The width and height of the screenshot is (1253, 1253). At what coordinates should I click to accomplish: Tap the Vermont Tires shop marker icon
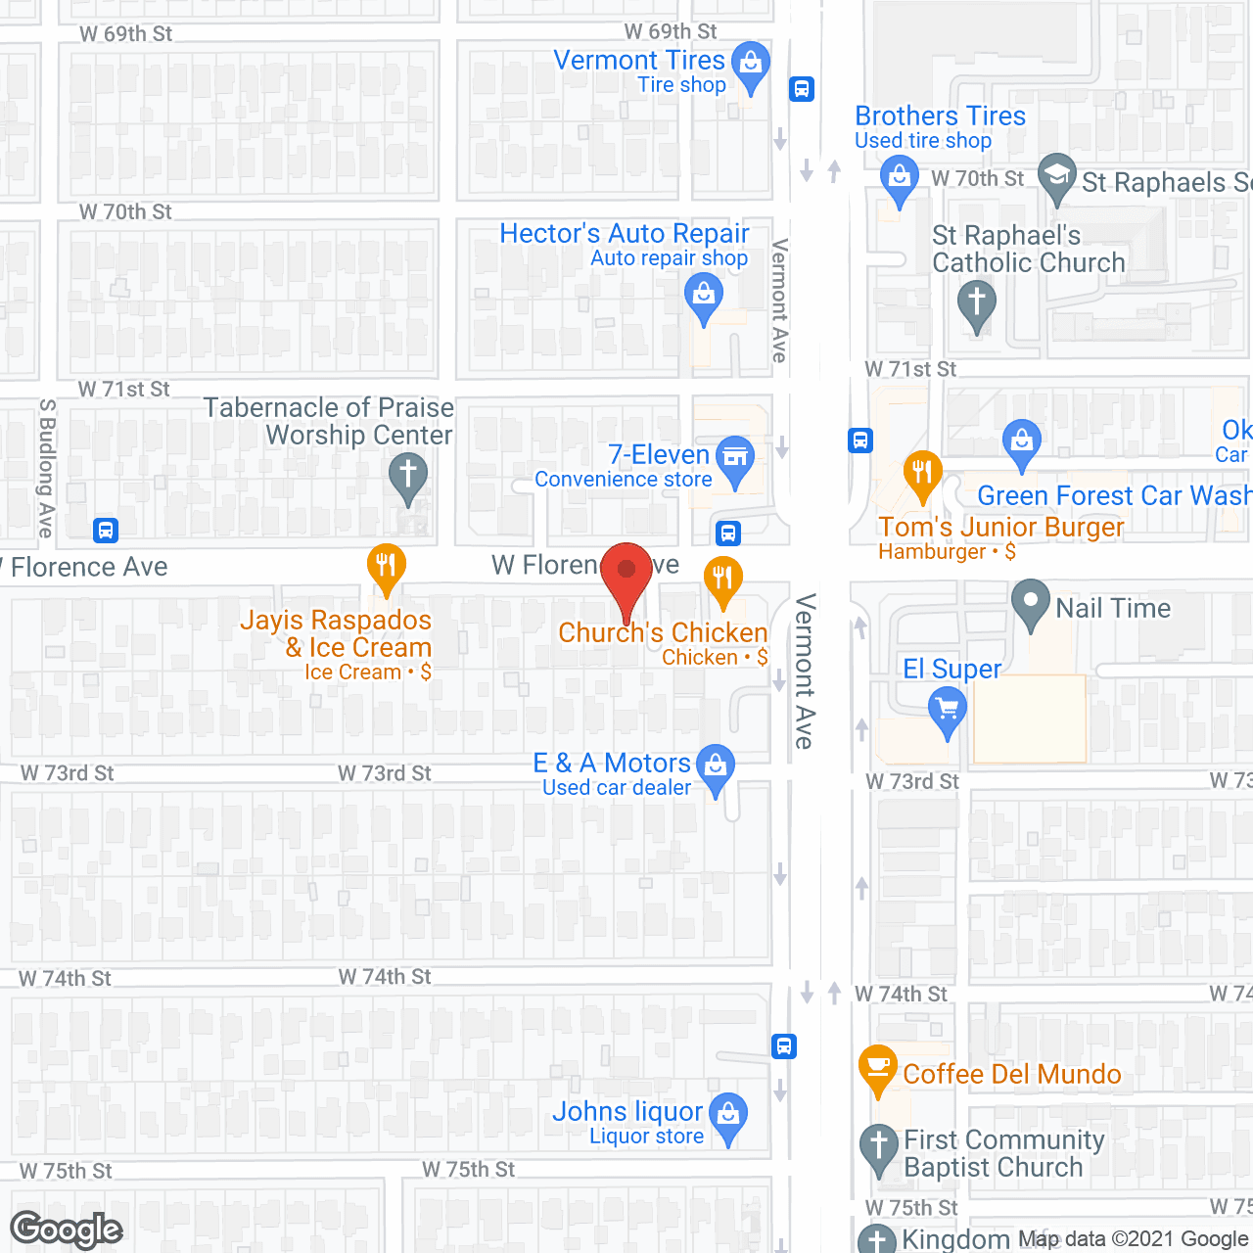pos(751,65)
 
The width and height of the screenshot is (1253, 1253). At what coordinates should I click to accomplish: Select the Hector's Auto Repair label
pos(624,234)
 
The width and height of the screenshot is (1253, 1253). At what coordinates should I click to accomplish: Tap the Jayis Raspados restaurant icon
pos(387,566)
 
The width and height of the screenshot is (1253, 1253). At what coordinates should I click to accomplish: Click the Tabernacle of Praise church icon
pos(408,476)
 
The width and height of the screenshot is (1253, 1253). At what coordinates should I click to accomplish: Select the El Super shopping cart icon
pos(947,708)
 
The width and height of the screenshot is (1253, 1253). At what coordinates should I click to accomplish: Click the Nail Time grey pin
pos(1030,603)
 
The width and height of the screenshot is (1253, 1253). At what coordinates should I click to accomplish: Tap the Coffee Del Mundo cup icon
pos(877,1067)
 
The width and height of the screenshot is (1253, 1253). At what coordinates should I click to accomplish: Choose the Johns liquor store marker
pos(728,1115)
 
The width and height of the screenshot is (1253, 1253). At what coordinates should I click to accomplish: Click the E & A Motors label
pos(612,764)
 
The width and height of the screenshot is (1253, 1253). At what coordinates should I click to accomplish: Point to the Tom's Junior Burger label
pos(1000,528)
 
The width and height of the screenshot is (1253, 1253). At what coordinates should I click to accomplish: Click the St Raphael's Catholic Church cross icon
pos(976,303)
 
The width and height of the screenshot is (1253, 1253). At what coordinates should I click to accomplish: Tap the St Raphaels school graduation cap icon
pos(1056,177)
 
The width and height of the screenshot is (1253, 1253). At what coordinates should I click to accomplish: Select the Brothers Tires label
pos(940,116)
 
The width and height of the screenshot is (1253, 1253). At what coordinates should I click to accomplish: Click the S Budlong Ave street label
pos(46,468)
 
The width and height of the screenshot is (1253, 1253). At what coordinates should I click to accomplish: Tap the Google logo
pos(67,1230)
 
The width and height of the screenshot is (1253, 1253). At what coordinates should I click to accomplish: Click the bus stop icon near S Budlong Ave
pos(106,531)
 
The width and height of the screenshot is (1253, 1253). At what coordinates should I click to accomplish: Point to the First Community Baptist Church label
pos(1002,1153)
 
